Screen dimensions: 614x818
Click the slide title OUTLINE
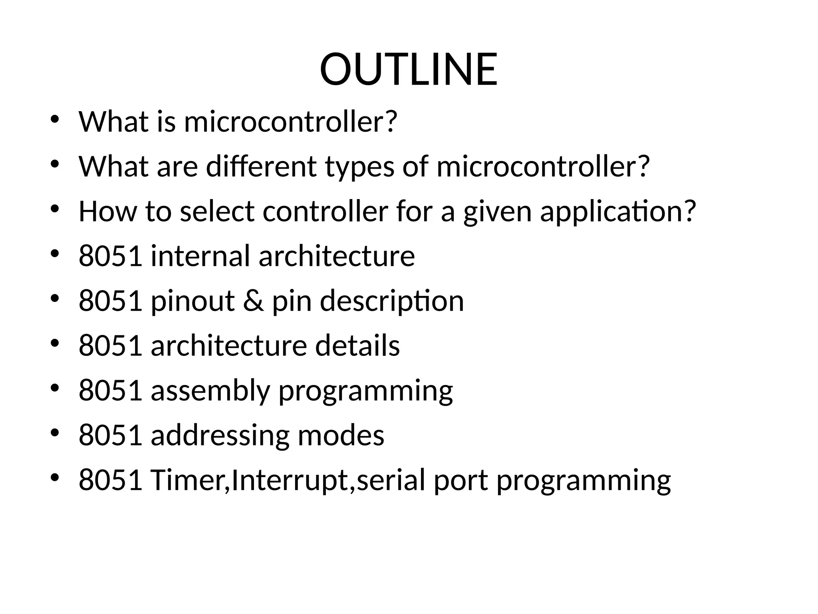[x=409, y=70]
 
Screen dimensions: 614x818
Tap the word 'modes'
[x=341, y=435]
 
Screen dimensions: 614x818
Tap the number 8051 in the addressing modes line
[x=111, y=435]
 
